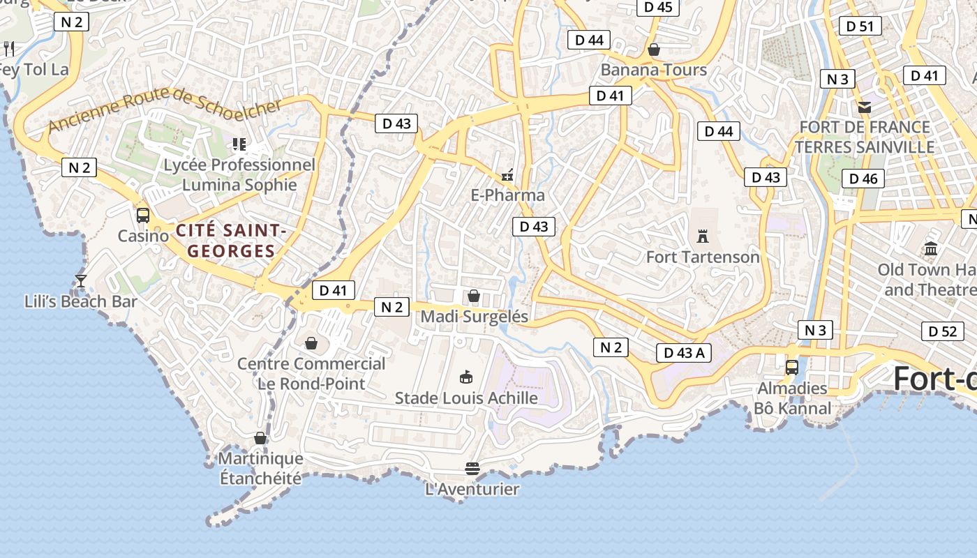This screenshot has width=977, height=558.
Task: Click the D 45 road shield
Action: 658,7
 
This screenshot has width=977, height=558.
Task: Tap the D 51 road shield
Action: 860,27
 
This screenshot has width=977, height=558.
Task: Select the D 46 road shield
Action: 863,179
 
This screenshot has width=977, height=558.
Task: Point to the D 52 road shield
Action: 943,331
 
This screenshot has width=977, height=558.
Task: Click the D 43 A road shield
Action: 683,353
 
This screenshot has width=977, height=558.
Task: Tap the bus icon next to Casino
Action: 143,215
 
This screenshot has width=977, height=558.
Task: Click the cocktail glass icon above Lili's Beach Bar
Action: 80,280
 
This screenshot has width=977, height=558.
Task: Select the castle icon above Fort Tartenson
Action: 703,236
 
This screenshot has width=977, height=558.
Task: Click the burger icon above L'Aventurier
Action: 472,468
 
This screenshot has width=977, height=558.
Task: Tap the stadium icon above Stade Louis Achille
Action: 466,377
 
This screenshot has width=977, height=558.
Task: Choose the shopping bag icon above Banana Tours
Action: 654,50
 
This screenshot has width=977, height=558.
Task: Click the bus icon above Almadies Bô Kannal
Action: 792,367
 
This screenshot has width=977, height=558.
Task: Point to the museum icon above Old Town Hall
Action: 930,249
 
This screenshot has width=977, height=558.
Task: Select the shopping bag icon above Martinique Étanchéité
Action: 260,438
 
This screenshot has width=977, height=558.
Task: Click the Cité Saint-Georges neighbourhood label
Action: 231,241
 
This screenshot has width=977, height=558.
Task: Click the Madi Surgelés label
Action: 475,317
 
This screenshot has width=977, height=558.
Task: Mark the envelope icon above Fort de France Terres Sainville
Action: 865,107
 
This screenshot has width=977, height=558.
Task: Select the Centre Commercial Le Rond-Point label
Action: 311,374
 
